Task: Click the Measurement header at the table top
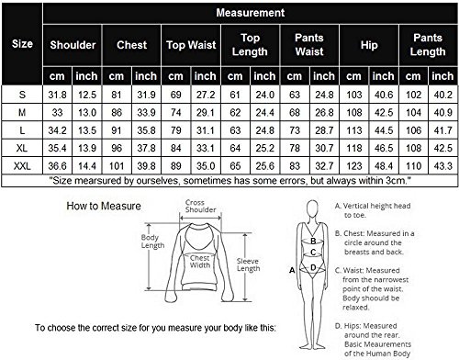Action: (251, 13)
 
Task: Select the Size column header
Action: (22, 44)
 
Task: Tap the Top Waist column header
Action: (191, 45)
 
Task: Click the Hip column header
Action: (369, 45)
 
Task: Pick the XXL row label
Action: (22, 166)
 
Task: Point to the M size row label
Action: (22, 113)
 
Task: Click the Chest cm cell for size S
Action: (117, 95)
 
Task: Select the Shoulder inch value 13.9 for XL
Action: (87, 149)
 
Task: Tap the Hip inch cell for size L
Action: (384, 130)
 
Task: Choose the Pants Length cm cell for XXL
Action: (413, 166)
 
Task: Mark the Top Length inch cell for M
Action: (265, 113)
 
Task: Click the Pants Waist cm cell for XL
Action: (295, 149)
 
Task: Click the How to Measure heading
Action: (104, 206)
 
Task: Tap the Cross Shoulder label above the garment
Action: (200, 206)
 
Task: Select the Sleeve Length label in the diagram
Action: (248, 264)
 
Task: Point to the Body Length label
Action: (152, 242)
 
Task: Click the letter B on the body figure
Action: (313, 242)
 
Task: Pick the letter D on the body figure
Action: (313, 267)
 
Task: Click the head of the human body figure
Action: (312, 209)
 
